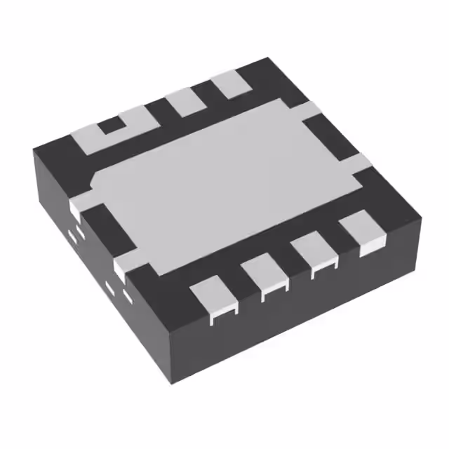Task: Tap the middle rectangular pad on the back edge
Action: (x=185, y=102)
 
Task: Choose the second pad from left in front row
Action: (x=264, y=278)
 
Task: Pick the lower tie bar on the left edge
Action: (x=121, y=267)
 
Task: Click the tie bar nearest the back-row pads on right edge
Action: (x=313, y=110)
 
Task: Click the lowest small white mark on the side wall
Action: (x=128, y=295)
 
